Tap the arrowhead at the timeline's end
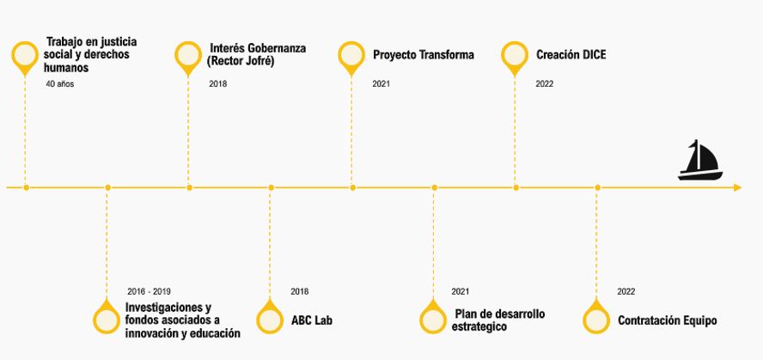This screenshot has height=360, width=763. point(737,187)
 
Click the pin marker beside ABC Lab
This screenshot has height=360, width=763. point(270,316)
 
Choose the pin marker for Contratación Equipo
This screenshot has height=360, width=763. point(596,316)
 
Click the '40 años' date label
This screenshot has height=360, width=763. point(60,84)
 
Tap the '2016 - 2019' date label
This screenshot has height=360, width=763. point(149,292)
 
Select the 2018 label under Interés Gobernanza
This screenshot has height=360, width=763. point(218,84)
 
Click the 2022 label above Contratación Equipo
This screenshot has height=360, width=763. point(626,292)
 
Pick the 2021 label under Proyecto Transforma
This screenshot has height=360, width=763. point(381,84)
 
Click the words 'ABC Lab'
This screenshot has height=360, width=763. point(312,320)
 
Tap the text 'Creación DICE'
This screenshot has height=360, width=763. point(571,54)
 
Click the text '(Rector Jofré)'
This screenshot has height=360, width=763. point(241,62)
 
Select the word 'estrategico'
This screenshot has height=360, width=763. point(479,326)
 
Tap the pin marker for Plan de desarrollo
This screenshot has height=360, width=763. point(433,316)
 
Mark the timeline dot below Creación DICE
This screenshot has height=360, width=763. point(516,187)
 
